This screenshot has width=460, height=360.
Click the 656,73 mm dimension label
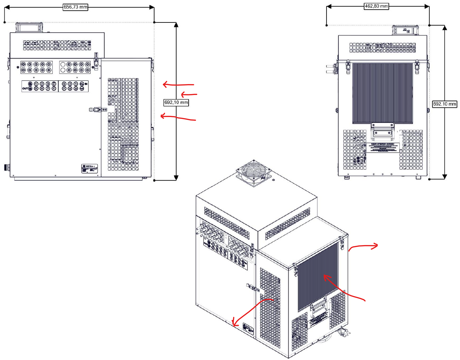coord(75,7)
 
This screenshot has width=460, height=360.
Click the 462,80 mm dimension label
coord(376,6)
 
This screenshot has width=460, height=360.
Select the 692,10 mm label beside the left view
coord(176,102)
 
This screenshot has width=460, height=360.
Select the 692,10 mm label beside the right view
coord(445,104)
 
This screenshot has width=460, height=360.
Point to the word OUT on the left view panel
coord(25,88)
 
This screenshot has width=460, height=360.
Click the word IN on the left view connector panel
coord(86,84)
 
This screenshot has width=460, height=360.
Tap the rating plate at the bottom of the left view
coord(89,168)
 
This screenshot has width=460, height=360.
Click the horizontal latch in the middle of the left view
coord(98,110)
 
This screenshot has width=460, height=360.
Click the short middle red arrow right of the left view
coord(189,94)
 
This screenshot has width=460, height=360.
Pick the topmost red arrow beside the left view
coord(178,84)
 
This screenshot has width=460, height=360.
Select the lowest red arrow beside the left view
coord(178,117)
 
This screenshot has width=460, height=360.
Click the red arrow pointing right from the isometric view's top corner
coord(363,247)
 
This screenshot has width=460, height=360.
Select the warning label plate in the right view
coord(383,147)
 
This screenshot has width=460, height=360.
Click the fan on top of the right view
coord(405,30)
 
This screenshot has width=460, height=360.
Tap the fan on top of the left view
coord(29,27)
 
